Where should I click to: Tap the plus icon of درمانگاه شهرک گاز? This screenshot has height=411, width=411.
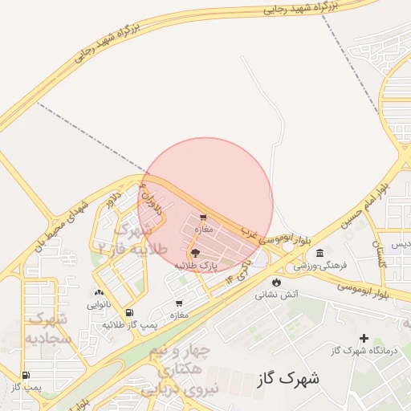364,339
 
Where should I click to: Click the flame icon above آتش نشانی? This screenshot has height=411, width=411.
277,283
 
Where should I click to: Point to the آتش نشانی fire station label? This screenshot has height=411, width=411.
277,295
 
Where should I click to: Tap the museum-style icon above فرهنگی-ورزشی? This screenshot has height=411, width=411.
319,254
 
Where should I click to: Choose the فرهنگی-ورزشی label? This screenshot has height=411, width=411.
319,265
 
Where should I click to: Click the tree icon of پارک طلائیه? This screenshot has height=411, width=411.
196,252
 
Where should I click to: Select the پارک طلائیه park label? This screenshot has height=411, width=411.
197,264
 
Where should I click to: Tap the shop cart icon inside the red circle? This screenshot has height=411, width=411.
202,218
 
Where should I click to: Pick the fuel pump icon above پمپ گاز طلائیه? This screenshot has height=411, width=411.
130,312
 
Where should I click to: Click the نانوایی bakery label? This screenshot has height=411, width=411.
99,304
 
